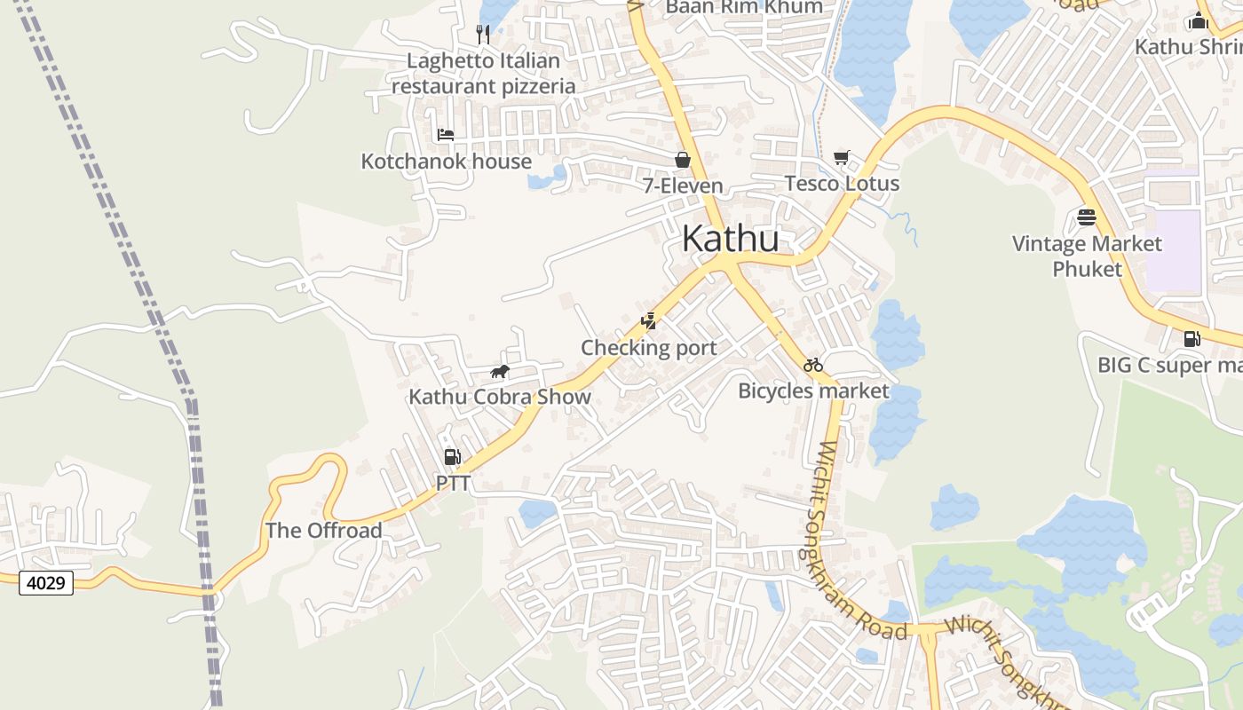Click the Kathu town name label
[731, 239]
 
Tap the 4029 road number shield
[45, 584]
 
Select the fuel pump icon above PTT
[452, 457]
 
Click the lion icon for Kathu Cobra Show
[500, 371]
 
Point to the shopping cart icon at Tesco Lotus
[842, 158]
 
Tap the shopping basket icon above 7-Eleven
[683, 160]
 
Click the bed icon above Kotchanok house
[446, 135]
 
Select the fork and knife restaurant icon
[483, 35]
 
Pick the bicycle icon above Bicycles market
[813, 365]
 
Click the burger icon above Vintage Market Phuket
[1087, 217]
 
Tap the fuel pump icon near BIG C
[1192, 339]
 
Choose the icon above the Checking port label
[649, 321]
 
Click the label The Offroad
[324, 531]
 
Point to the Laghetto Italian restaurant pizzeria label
[484, 74]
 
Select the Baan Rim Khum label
[744, 7]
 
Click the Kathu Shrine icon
[1199, 20]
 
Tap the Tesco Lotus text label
[842, 184]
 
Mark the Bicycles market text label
[813, 390]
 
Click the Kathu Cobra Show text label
[500, 397]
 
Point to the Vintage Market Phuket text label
[1087, 256]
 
